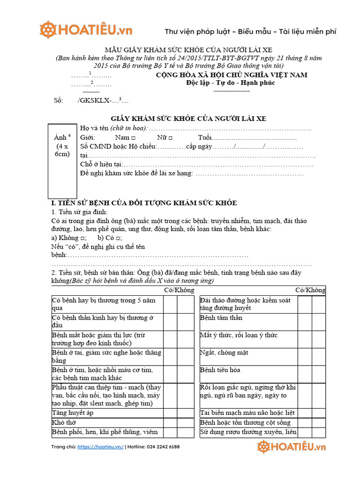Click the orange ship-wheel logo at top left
[x=48, y=30]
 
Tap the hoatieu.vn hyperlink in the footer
[x=100, y=447]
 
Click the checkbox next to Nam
[x=134, y=138]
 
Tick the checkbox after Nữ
[x=170, y=138]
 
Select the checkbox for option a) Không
[x=83, y=238]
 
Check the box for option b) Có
[x=120, y=238]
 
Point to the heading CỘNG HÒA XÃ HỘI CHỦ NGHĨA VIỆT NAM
[x=231, y=75]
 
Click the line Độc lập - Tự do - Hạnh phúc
[x=228, y=83]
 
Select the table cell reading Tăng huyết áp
[x=107, y=412]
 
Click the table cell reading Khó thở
[x=107, y=422]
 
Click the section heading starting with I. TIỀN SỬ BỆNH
[x=143, y=203]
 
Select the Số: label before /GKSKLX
[x=59, y=100]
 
